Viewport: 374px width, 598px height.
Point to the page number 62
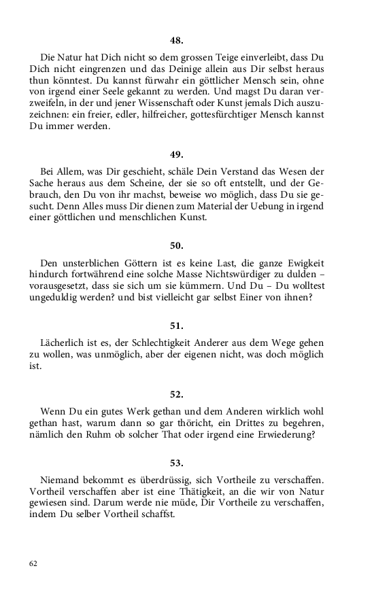[x=33, y=563]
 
